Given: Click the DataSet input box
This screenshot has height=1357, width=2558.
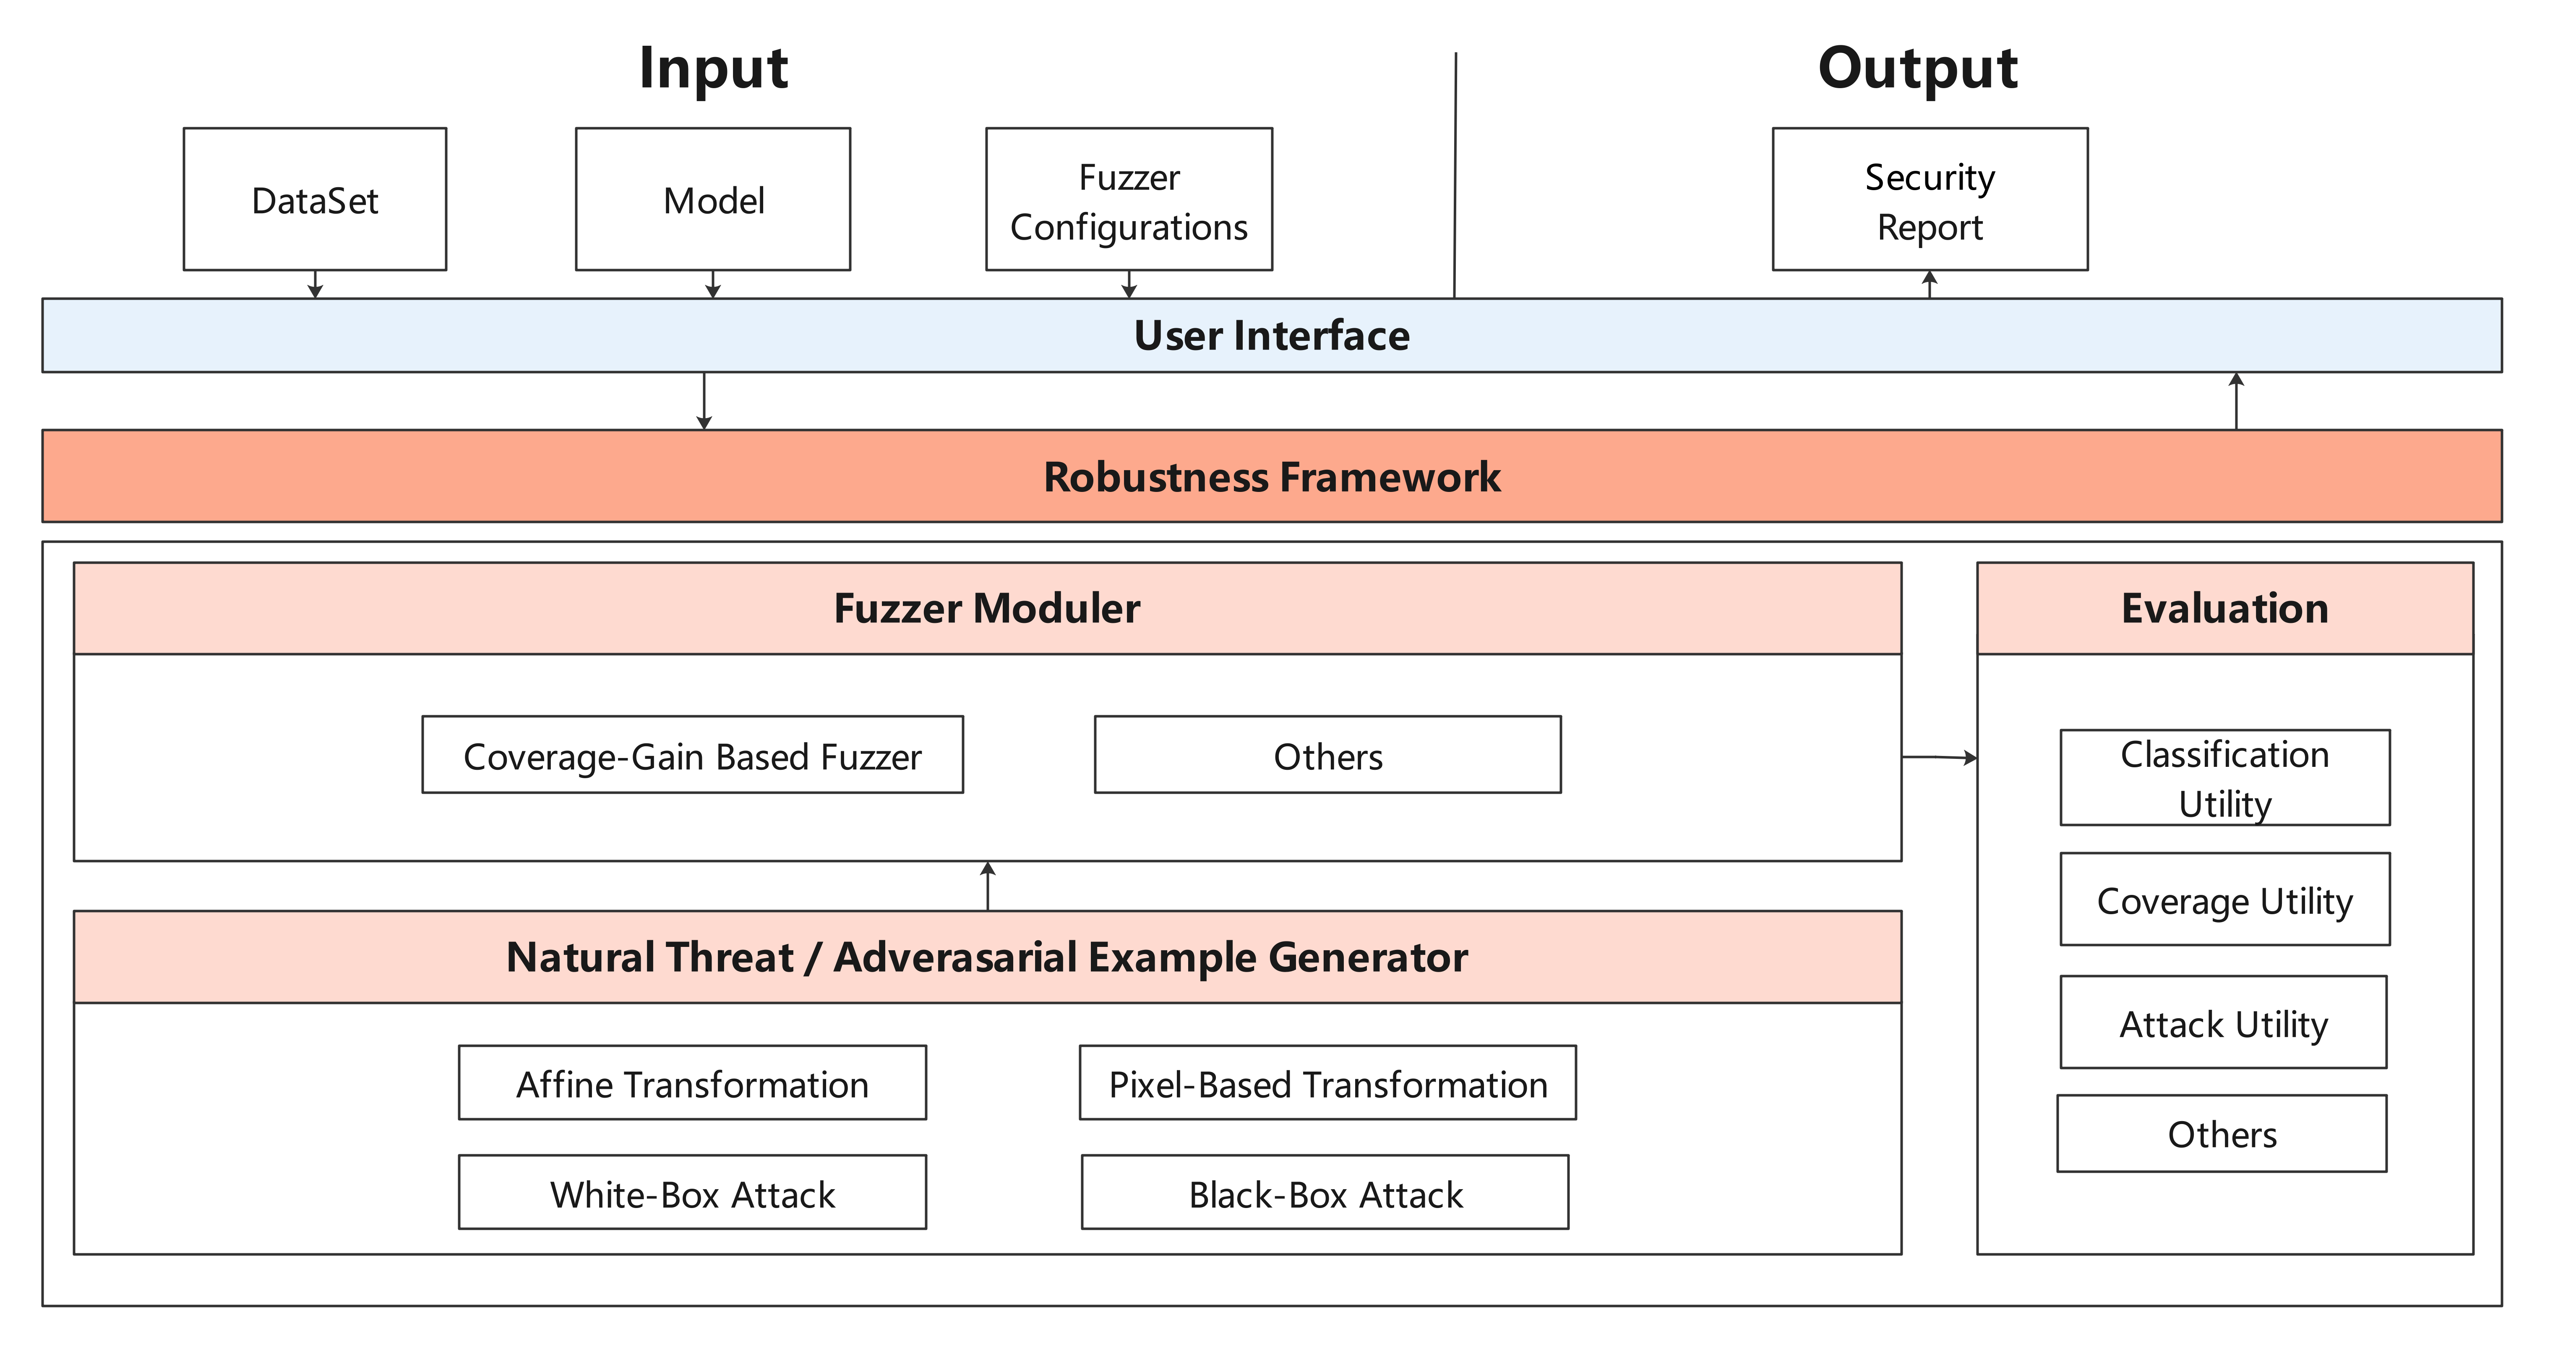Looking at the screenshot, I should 315,200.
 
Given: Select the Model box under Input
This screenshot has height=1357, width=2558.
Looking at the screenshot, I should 713,200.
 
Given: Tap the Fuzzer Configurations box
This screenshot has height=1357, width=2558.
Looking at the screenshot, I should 1129,200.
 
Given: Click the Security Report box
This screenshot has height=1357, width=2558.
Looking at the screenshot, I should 1930,200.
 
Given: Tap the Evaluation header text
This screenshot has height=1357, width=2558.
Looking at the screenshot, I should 2224,608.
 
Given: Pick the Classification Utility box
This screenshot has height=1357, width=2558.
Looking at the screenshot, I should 2224,778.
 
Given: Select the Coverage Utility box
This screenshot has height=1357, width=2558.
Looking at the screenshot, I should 2224,900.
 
